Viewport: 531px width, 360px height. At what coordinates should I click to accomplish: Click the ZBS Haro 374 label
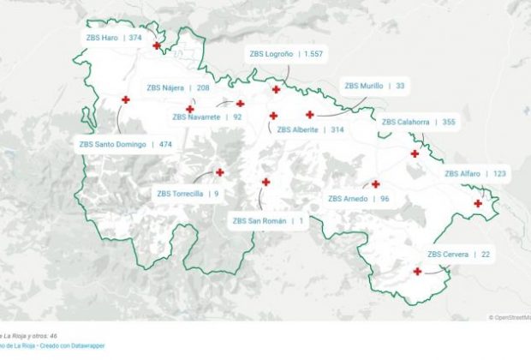[x=114, y=38]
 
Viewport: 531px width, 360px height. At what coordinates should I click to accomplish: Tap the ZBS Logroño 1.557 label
[x=286, y=53]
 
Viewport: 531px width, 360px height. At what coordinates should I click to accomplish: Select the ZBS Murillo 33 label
[x=374, y=86]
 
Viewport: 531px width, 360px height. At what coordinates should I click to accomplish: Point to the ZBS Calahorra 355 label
[x=418, y=122]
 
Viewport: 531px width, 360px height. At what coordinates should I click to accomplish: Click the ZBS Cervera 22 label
[x=459, y=254]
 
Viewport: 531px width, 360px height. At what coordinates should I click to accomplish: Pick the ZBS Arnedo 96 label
[x=359, y=199]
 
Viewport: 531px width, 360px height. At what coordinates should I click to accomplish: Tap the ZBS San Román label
[x=268, y=220]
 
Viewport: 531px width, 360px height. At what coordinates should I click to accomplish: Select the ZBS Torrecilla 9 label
[x=188, y=194]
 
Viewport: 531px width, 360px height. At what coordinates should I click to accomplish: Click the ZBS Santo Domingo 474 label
[x=125, y=144]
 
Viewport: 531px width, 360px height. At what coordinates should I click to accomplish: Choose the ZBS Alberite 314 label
[x=310, y=129]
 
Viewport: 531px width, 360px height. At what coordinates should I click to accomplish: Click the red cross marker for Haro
[x=157, y=45]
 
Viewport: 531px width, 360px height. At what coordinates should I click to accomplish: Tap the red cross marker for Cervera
[x=417, y=272]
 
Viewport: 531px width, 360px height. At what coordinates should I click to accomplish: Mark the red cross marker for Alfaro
[x=478, y=203]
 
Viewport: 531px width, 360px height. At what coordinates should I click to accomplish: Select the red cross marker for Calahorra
[x=415, y=154]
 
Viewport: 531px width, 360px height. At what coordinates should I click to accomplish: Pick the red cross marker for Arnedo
[x=375, y=184]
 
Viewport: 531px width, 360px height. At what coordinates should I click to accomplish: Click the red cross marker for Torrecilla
[x=220, y=172]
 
